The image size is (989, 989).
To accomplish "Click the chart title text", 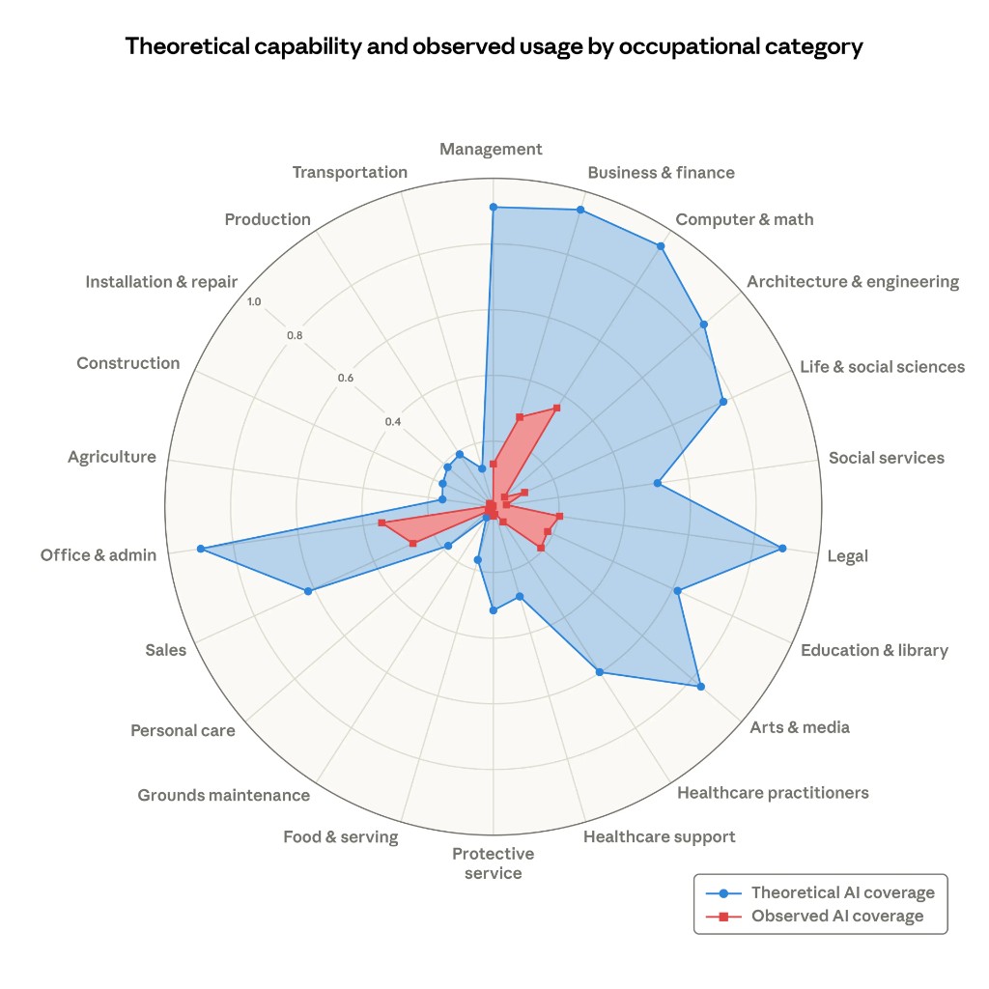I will tap(494, 46).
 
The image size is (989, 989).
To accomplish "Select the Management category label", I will tap(491, 149).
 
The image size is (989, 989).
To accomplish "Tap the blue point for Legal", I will tap(782, 549).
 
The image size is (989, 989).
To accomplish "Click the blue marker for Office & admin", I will tap(201, 549).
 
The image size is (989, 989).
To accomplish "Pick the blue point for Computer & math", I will tap(661, 246).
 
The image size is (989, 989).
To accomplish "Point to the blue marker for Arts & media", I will tap(700, 687).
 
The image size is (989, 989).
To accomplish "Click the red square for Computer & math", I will tap(556, 409).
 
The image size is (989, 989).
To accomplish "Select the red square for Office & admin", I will tap(382, 523).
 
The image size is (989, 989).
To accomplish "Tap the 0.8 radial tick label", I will tap(295, 336).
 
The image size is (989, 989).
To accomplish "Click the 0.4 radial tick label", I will tap(392, 422).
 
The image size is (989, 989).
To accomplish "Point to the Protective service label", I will tap(493, 863).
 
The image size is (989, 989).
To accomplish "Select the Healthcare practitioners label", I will tap(773, 793).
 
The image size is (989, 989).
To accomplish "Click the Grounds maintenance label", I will tap(223, 795).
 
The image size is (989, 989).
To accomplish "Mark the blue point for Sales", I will tap(308, 591).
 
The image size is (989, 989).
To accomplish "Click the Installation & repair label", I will tap(161, 282).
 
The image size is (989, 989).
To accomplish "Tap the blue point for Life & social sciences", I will tap(722, 401).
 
